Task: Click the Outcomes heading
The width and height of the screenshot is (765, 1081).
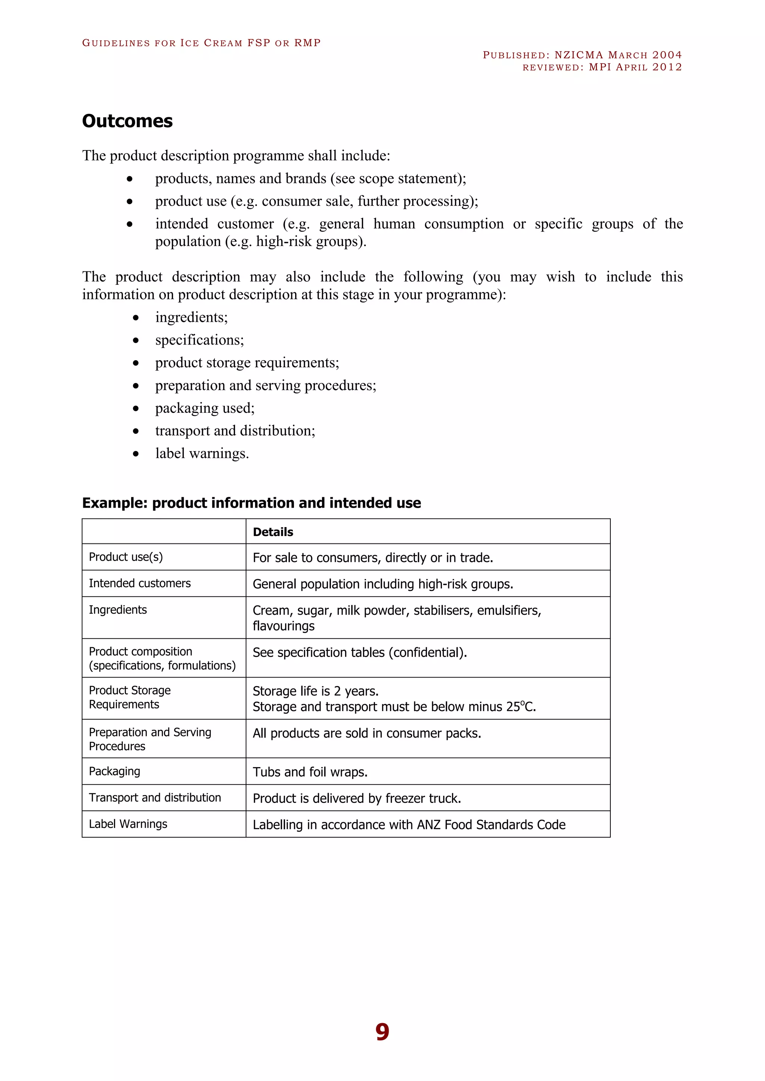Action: tap(127, 121)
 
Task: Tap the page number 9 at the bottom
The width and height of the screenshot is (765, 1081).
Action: tap(382, 1032)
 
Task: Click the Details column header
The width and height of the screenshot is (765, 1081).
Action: tap(273, 532)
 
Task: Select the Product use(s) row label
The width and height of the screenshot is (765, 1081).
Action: tap(126, 557)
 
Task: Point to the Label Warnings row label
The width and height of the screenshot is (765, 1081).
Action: tap(128, 824)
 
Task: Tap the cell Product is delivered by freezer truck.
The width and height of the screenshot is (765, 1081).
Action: tap(357, 798)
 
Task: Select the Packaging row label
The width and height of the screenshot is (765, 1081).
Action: tap(114, 771)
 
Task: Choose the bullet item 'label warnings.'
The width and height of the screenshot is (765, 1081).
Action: tap(202, 454)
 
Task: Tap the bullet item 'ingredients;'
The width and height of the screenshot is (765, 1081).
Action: tap(191, 317)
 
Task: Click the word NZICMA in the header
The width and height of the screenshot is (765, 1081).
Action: tap(579, 55)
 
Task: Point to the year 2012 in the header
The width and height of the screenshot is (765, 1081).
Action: tap(667, 67)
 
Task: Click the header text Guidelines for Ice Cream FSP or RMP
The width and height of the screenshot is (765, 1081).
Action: tap(201, 43)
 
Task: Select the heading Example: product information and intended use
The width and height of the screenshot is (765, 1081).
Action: tap(251, 503)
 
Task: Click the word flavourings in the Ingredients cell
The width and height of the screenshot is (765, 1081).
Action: tap(284, 626)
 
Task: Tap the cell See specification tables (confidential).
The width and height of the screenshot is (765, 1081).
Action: tap(359, 652)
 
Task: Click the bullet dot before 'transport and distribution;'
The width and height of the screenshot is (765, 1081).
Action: tap(136, 431)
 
